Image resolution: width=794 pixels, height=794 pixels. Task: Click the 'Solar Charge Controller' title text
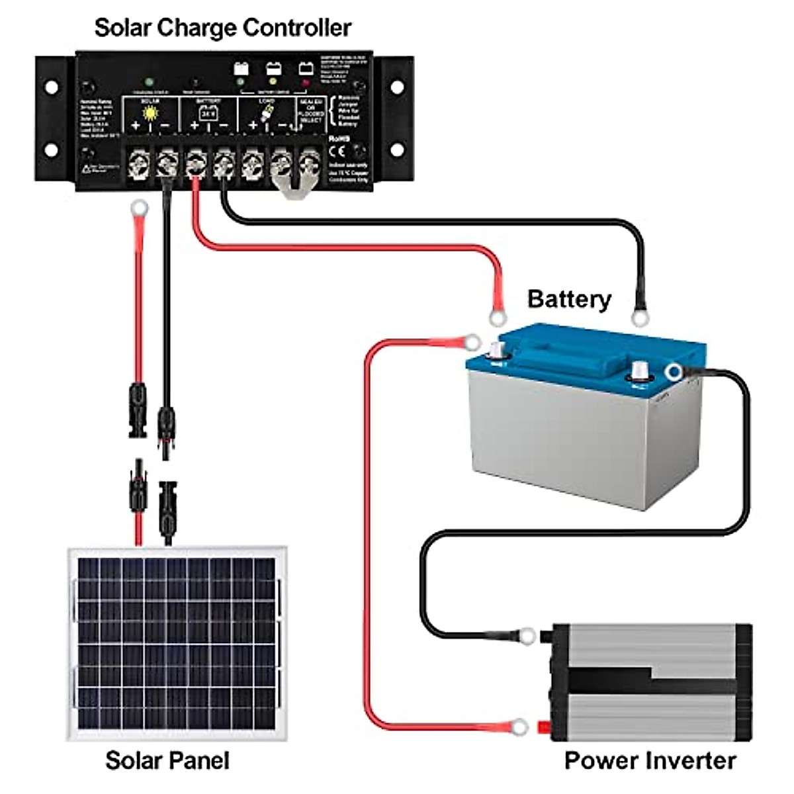point(222,28)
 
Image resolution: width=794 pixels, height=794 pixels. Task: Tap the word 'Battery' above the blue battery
point(568,299)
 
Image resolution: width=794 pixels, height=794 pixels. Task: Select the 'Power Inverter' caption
point(650,760)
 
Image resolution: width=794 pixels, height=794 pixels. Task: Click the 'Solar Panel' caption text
point(167,760)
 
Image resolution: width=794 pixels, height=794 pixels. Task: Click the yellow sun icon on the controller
point(152,113)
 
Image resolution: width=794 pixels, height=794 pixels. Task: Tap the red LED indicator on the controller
point(305,83)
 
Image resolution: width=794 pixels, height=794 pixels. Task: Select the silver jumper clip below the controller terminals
point(292,185)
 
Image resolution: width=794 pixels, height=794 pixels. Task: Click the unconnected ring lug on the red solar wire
point(139,210)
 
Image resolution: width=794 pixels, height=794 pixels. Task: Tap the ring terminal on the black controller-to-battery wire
point(639,318)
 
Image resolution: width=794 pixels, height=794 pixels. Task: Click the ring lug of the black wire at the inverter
point(527,636)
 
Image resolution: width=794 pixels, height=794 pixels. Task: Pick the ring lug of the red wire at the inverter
point(521,727)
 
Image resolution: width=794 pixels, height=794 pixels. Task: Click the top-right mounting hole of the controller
point(396,87)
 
